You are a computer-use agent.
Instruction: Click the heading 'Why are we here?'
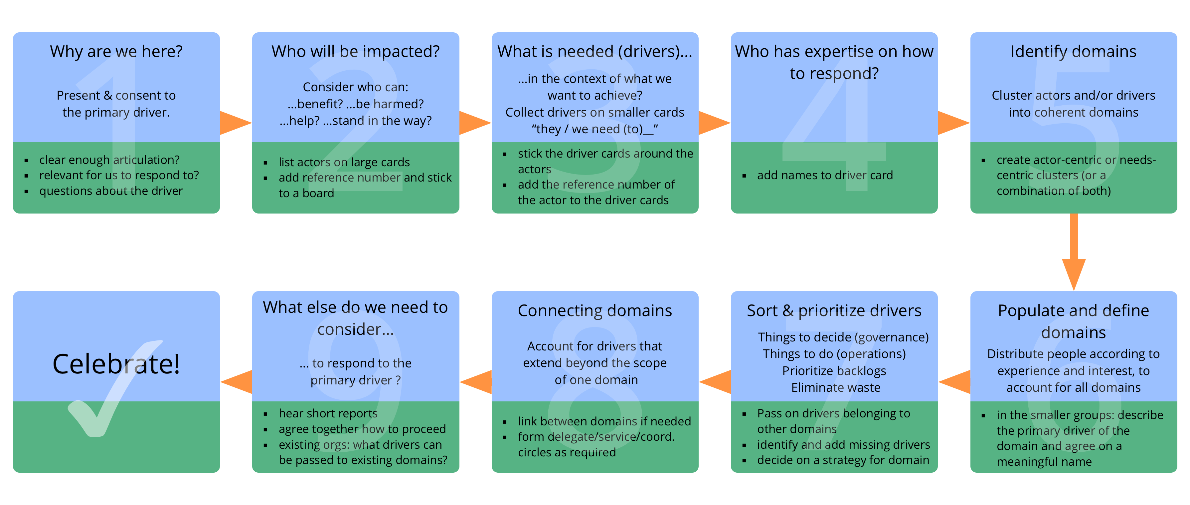tap(116, 51)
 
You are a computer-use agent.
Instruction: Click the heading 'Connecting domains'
tap(595, 310)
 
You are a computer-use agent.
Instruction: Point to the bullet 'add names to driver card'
tap(825, 175)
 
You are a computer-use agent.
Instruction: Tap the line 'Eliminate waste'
tap(835, 387)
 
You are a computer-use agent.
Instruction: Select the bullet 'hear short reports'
tap(328, 413)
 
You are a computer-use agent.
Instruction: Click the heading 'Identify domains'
tap(1073, 51)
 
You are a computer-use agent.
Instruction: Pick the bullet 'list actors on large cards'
tap(344, 162)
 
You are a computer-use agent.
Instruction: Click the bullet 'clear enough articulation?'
tap(109, 160)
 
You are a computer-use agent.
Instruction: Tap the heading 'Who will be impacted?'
tap(355, 51)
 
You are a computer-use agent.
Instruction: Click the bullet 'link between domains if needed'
tap(604, 421)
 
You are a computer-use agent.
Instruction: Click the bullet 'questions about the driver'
tap(111, 191)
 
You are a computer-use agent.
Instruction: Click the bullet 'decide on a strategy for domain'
tap(843, 460)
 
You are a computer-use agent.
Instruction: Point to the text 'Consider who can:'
tap(355, 87)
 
